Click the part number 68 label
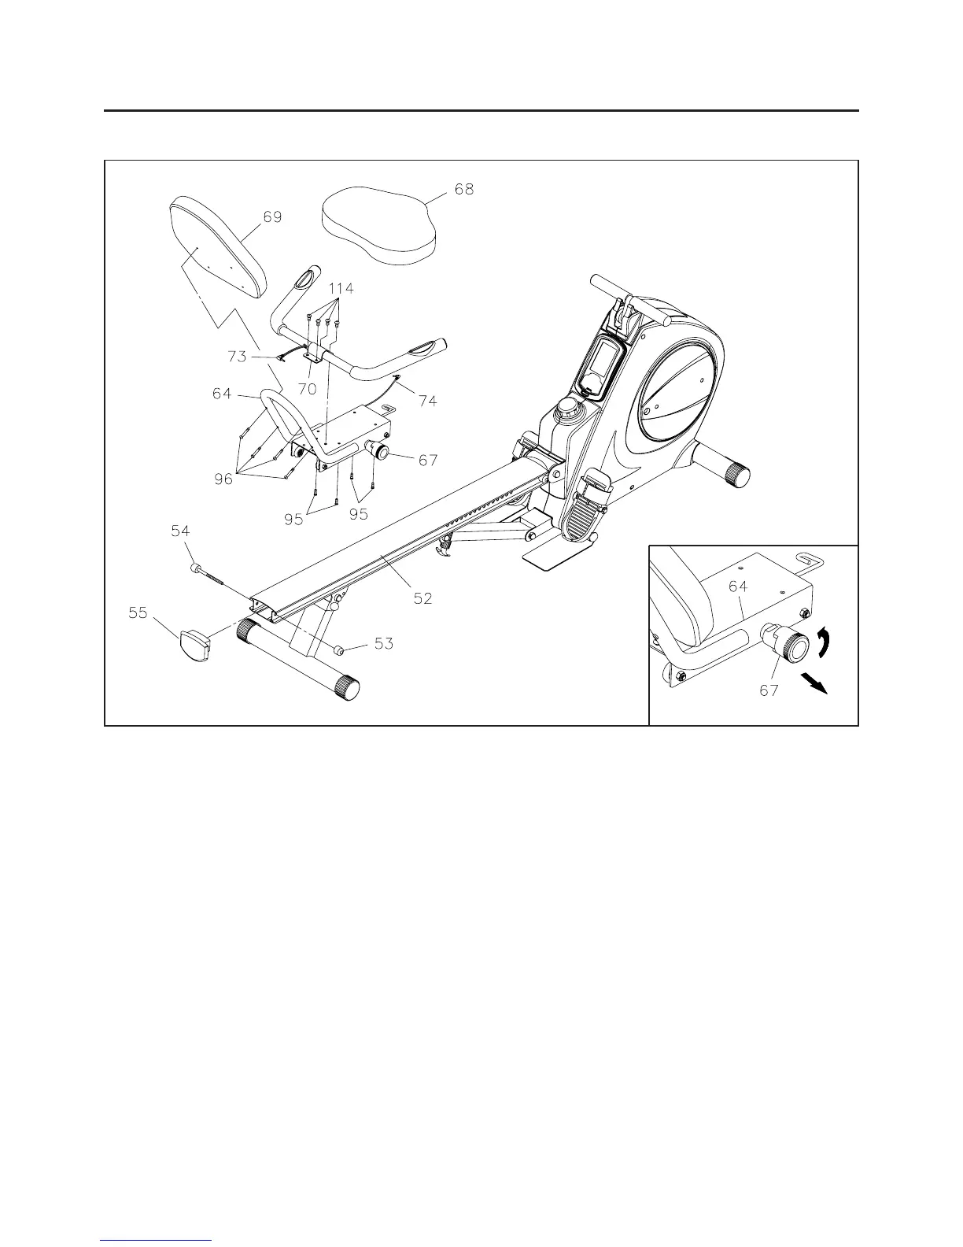[x=464, y=190]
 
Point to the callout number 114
[x=340, y=289]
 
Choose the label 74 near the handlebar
[x=427, y=401]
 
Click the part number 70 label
[x=307, y=389]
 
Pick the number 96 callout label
[x=224, y=478]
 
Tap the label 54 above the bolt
[x=181, y=532]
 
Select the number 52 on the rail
[x=422, y=598]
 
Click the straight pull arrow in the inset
[x=816, y=683]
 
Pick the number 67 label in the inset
[x=769, y=690]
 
